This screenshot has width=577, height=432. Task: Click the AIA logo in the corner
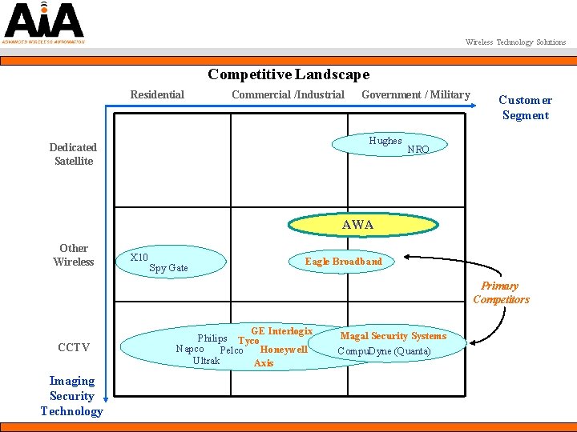43,22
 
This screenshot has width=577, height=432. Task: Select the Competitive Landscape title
288,74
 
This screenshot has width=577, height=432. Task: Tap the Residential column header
157,95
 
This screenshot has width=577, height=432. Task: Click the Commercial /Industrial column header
288,95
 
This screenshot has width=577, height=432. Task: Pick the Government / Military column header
415,95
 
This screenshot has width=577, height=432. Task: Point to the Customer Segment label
525,108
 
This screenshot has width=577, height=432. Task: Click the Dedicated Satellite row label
73,154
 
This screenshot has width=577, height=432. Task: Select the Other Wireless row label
73,255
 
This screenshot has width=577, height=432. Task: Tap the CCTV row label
74,348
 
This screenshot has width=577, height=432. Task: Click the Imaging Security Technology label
72,396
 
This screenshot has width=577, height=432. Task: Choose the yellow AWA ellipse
357,225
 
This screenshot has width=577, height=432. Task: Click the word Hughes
385,141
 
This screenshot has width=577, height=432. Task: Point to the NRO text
418,150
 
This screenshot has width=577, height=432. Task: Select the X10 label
139,258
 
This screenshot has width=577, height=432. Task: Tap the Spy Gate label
168,268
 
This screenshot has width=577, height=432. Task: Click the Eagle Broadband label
343,262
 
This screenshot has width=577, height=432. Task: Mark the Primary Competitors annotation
501,293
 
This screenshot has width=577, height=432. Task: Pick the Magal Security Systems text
393,336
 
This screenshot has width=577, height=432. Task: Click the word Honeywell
284,350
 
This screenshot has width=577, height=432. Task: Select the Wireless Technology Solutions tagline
515,42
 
